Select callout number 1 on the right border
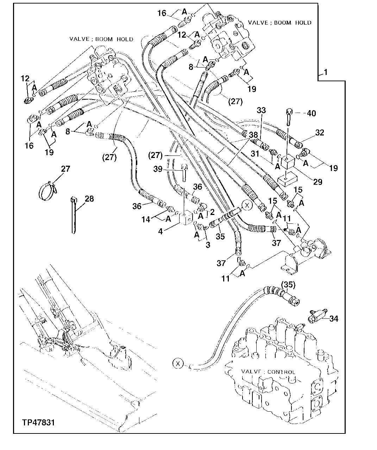tap(326, 72)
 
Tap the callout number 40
tap(311, 113)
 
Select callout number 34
tap(334, 319)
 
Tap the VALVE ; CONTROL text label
tap(268, 372)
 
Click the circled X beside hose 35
tap(247, 205)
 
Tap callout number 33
tap(261, 110)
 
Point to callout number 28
tap(89, 199)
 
